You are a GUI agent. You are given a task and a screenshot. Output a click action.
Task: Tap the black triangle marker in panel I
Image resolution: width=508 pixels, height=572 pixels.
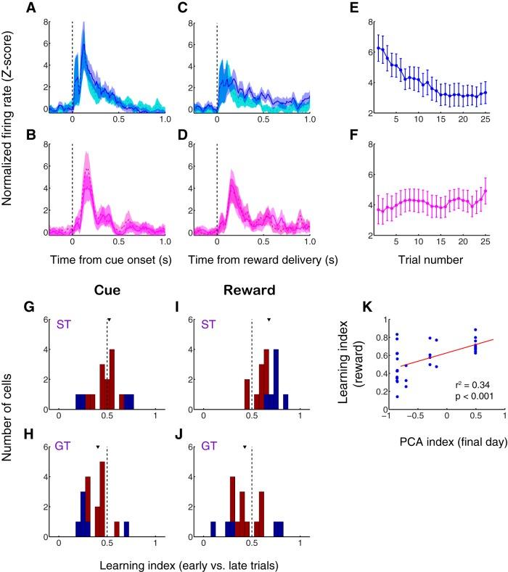click(269, 320)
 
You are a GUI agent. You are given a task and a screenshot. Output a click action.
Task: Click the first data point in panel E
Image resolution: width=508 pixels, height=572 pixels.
click(378, 48)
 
